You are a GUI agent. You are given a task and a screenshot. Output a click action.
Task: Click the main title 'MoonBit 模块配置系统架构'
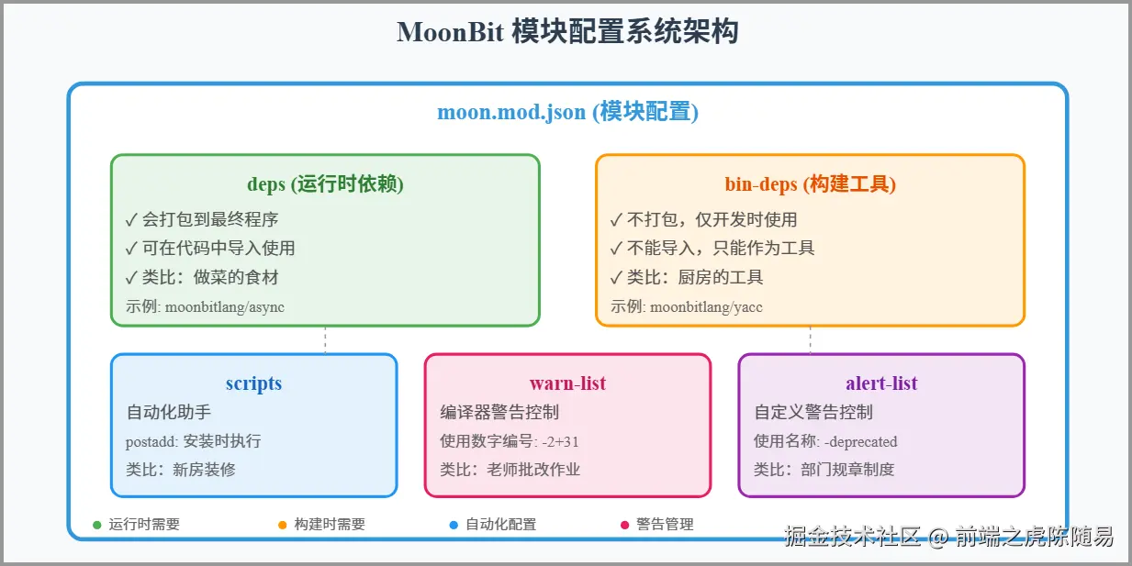click(x=567, y=32)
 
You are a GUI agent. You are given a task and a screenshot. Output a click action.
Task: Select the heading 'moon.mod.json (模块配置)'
click(x=567, y=112)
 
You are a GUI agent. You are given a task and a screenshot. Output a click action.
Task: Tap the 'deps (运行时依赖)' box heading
click(x=325, y=183)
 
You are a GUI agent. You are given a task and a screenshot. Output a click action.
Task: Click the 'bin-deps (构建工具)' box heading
click(x=810, y=183)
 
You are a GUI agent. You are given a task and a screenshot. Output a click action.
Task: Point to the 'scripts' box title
click(x=253, y=383)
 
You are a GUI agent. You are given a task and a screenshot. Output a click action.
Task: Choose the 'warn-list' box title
click(x=567, y=383)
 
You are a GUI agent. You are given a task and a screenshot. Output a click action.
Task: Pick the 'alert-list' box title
click(x=881, y=383)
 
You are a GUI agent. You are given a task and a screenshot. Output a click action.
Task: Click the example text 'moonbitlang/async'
click(x=224, y=307)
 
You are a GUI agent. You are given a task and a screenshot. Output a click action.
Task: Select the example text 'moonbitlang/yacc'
click(x=706, y=307)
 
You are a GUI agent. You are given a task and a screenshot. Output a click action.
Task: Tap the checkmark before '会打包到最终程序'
click(x=131, y=219)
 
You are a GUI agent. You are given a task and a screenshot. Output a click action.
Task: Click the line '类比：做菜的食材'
click(x=209, y=277)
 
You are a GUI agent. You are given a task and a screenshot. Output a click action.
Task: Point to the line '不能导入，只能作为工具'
click(x=720, y=248)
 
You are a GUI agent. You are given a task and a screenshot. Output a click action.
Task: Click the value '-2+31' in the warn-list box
click(x=560, y=442)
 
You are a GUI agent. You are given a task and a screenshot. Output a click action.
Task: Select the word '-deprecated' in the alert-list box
click(x=860, y=442)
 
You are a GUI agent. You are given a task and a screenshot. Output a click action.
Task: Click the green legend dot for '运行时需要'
click(x=97, y=525)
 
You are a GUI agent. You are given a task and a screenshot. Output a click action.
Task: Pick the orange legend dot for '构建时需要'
click(x=283, y=525)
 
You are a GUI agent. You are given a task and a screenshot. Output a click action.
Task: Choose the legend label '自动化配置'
click(x=500, y=525)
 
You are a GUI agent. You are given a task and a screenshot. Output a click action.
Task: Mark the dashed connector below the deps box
click(x=325, y=339)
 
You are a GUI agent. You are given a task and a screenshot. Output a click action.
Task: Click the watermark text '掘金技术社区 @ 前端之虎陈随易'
click(x=948, y=537)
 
